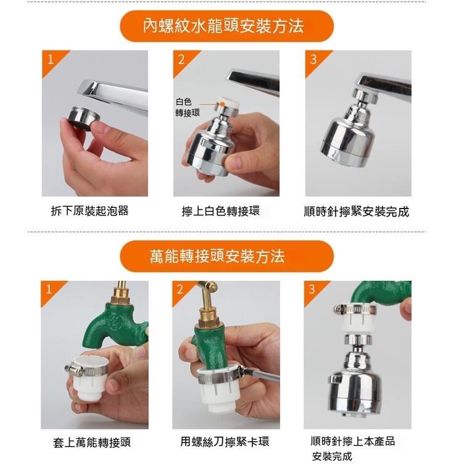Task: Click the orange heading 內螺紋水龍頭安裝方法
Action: pyautogui.click(x=223, y=26)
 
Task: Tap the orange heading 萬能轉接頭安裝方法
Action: pyautogui.click(x=217, y=256)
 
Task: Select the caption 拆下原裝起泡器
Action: pyautogui.click(x=89, y=211)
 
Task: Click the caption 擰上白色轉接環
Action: pyautogui.click(x=221, y=211)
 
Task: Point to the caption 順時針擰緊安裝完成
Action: pyautogui.click(x=357, y=211)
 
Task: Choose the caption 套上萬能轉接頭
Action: pyautogui.click(x=92, y=442)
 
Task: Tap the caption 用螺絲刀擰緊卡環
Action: pyautogui.click(x=225, y=442)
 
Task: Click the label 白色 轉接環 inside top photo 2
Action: pyautogui.click(x=188, y=107)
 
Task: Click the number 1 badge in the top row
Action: pyautogui.click(x=51, y=59)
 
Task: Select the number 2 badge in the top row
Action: pyautogui.click(x=181, y=60)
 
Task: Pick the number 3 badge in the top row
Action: pyautogui.click(x=313, y=60)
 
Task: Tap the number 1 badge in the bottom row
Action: pyautogui.click(x=49, y=289)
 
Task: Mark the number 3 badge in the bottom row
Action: pyautogui.click(x=312, y=289)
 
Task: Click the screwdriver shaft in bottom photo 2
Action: pyautogui.click(x=262, y=375)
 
